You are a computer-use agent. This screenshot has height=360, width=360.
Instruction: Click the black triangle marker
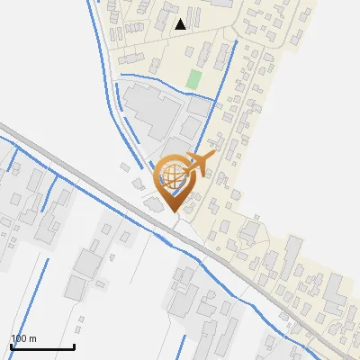pyautogui.click(x=181, y=23)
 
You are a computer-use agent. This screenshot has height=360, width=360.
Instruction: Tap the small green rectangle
pyautogui.click(x=193, y=79)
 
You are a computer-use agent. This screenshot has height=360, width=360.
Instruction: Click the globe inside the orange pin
pyautogui.click(x=171, y=176)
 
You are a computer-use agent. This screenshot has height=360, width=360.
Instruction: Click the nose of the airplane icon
pyautogui.click(x=213, y=154)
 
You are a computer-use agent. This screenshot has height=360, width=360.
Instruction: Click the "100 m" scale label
pyautogui.click(x=23, y=337)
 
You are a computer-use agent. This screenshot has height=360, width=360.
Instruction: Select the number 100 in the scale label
pyautogui.click(x=19, y=337)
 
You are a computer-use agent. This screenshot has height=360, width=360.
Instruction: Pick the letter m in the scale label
pyautogui.click(x=32, y=338)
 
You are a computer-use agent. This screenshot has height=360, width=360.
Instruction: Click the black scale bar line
pyautogui.click(x=42, y=346)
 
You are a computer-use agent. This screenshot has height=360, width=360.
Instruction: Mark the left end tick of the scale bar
pyautogui.click(x=11, y=346)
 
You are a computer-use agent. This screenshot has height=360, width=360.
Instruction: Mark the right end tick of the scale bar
pyautogui.click(x=74, y=346)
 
